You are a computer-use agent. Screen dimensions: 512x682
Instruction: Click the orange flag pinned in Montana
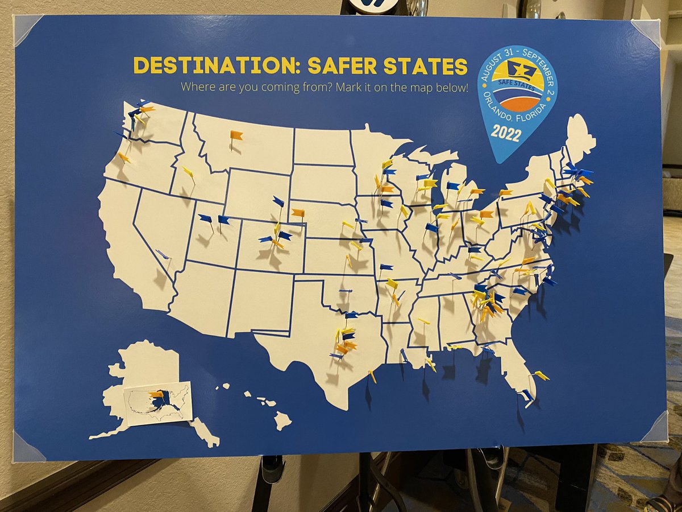pos(236,135)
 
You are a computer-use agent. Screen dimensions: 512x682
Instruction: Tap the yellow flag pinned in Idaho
pos(188,171)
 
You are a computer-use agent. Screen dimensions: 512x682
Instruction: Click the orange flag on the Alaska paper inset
pos(155,394)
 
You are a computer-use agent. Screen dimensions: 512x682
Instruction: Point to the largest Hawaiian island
pos(282,421)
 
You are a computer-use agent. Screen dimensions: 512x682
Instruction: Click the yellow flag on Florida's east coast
pos(541,375)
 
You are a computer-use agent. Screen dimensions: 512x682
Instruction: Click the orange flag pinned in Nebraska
pos(298,213)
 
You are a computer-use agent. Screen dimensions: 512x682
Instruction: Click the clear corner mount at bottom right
pos(655,427)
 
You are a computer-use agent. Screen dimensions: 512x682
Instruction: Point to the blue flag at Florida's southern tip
pos(527,394)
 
